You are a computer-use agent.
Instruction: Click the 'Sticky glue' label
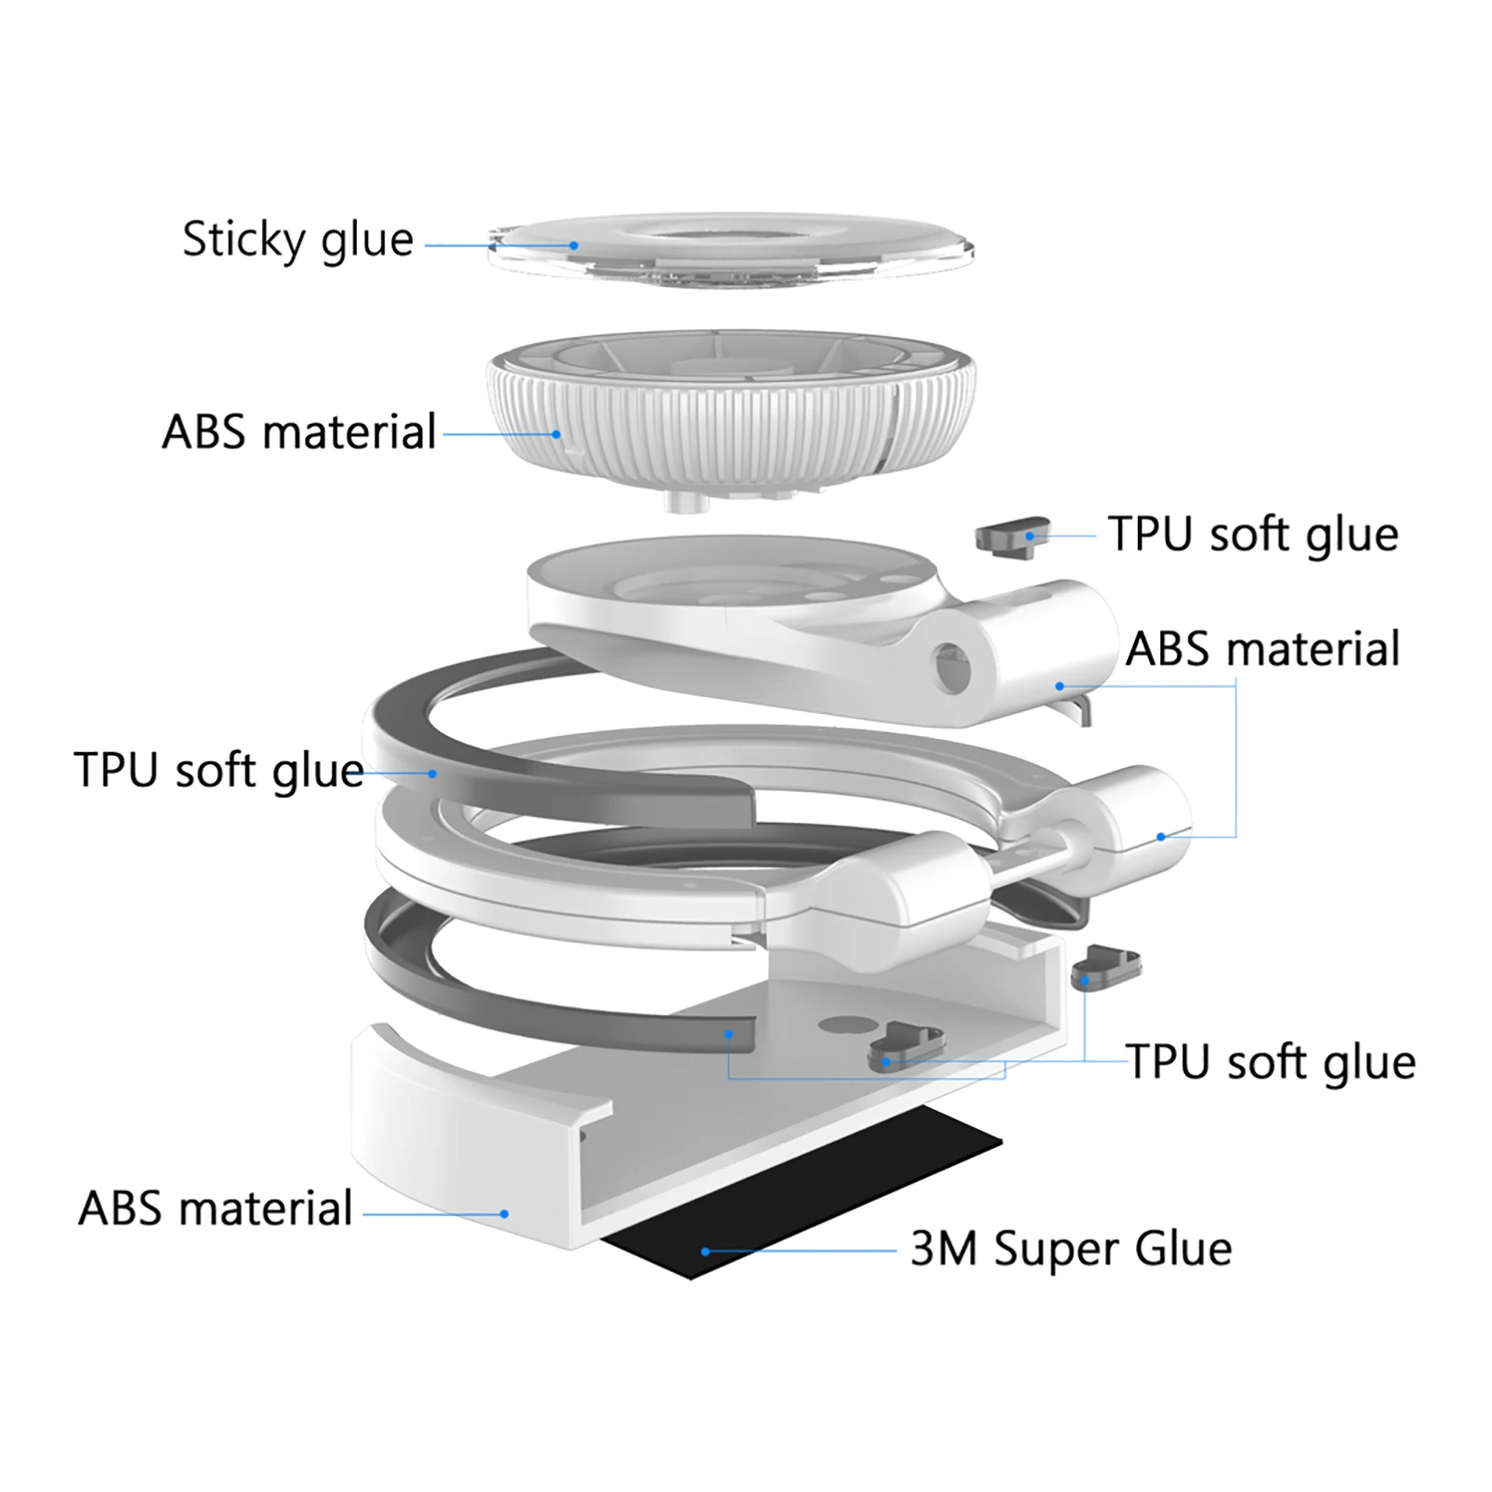297,240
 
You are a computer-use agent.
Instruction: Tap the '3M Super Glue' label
1071,1249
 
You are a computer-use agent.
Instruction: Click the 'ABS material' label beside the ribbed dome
299,432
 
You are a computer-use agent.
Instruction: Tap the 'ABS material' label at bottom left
215,1209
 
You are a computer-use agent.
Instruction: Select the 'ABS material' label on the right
1263,650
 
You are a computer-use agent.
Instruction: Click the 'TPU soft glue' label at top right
1253,535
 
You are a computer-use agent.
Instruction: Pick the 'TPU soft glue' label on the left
219,771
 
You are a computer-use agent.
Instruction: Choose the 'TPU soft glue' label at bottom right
1270,1062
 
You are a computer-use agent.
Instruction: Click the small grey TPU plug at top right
1012,537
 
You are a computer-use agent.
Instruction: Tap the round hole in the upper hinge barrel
951,667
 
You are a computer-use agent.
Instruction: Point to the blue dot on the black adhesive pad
705,1252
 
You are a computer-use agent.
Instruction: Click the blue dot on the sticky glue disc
574,246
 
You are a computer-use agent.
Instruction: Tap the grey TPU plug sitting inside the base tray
904,1048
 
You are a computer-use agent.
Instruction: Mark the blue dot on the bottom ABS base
504,1214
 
